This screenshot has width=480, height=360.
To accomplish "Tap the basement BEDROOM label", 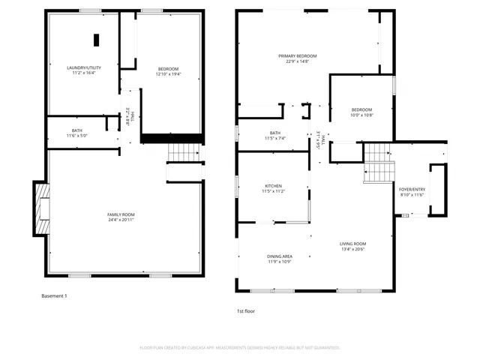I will (x=167, y=69).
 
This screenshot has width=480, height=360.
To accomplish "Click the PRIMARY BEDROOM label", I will (x=298, y=56).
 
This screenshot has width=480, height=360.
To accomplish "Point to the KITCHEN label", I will (x=273, y=186).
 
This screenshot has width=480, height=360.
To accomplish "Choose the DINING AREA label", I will (x=280, y=256).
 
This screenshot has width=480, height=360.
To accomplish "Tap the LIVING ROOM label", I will (x=352, y=244).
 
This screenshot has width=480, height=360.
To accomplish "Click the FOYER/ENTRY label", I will (x=411, y=189).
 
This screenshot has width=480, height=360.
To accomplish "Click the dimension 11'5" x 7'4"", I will (x=275, y=139).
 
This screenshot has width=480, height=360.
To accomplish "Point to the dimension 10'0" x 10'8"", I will (x=362, y=115).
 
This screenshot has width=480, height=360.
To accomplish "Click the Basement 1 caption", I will (x=54, y=296).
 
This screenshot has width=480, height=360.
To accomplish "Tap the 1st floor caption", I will (x=247, y=310).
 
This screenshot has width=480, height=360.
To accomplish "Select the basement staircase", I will (x=181, y=153).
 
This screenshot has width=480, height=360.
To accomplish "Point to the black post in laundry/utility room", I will (x=95, y=40).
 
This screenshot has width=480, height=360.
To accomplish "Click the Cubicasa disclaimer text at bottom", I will (x=240, y=348).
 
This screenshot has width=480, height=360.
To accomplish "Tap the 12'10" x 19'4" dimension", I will (x=167, y=74).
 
